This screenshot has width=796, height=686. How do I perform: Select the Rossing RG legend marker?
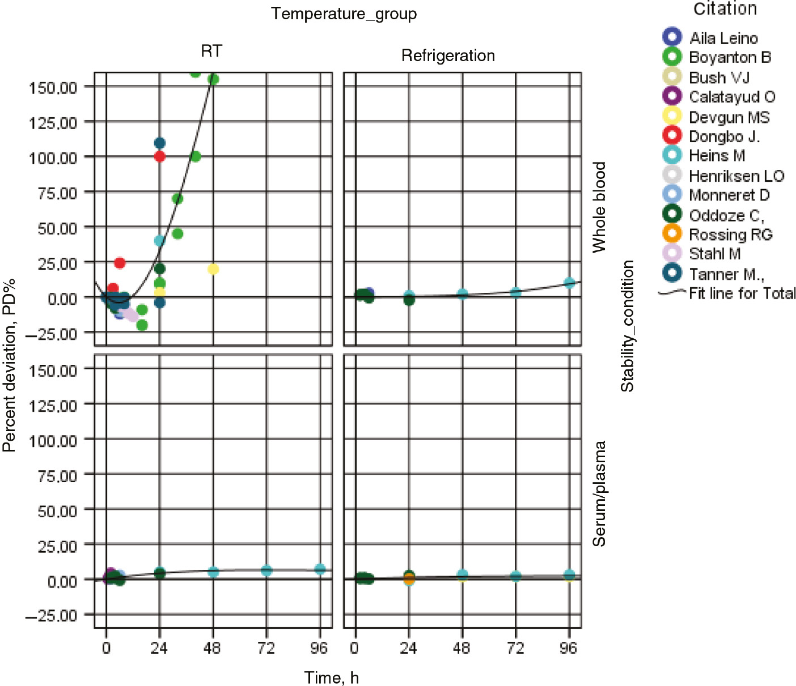click(x=672, y=233)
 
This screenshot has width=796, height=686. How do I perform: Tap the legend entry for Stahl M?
click(x=714, y=254)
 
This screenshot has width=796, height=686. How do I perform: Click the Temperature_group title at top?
click(x=344, y=14)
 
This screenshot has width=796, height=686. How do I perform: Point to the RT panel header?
click(x=211, y=52)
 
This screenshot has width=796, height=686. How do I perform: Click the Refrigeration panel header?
click(x=448, y=56)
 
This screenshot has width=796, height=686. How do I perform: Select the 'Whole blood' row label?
click(x=599, y=207)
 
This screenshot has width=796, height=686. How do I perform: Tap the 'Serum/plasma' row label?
click(x=599, y=493)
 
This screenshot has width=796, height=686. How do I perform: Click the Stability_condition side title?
click(x=627, y=326)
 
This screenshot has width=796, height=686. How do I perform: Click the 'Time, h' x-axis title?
click(x=331, y=678)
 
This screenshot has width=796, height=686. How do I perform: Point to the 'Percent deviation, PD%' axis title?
click(x=9, y=365)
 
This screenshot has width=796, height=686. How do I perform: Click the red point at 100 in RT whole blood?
click(x=160, y=156)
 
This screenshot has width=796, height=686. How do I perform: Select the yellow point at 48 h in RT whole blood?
click(x=213, y=269)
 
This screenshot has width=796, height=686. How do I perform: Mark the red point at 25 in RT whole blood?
click(x=119, y=263)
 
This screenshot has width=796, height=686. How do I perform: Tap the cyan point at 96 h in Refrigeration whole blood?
click(x=569, y=283)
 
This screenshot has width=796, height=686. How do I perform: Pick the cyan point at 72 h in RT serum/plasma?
click(x=266, y=570)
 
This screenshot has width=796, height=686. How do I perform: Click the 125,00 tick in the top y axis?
click(x=53, y=122)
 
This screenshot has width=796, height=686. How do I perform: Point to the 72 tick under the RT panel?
click(x=266, y=647)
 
